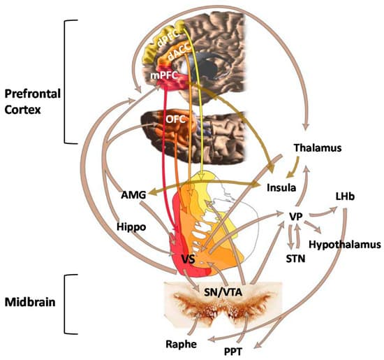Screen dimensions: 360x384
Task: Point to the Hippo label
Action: (x=131, y=228)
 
